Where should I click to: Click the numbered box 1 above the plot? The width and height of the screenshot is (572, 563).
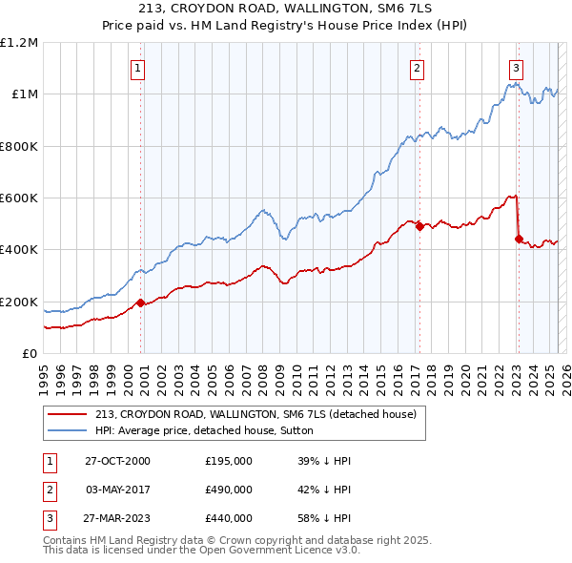[139, 68]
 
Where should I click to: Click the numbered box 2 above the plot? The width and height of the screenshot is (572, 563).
[418, 68]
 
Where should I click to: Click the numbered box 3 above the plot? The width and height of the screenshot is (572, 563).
[516, 68]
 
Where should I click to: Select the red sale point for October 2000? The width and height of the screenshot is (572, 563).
[141, 302]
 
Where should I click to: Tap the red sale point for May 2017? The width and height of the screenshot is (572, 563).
[419, 226]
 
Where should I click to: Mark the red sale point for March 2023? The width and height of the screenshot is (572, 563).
[519, 240]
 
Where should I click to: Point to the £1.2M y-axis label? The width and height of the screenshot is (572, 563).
[19, 43]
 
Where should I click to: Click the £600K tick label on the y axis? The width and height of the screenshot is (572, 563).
[19, 198]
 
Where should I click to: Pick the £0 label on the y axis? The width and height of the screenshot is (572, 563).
[31, 354]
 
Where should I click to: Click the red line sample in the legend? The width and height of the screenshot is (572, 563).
[67, 414]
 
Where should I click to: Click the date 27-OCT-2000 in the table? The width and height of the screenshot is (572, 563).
[117, 461]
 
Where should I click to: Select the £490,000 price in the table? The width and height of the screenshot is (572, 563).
[229, 490]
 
